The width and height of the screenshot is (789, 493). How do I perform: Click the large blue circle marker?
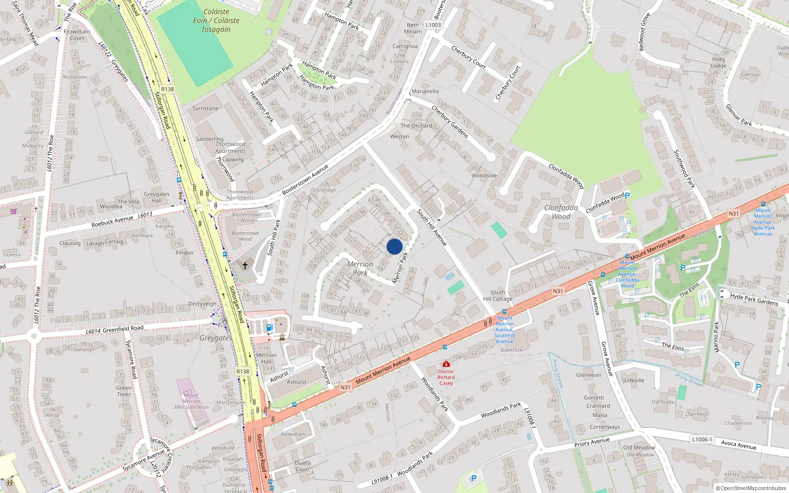coord(394,246)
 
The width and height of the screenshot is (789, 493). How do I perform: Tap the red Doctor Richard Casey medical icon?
coord(446,364)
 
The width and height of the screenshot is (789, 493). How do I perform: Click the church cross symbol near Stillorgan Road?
coord(245,266)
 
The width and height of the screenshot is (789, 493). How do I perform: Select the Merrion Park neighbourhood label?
coord(360,268)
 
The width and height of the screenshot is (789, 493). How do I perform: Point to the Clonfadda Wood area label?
coord(561,212)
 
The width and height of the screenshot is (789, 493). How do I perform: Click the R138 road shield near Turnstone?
coord(168,89)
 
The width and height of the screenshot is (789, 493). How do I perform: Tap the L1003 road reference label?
coord(433,25)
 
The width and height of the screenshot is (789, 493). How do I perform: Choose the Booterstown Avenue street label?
coord(305,179)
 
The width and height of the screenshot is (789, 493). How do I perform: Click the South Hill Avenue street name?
coord(431,227)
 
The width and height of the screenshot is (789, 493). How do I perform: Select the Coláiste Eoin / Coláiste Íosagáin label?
coord(216,20)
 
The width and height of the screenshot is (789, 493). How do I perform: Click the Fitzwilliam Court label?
coord(77,35)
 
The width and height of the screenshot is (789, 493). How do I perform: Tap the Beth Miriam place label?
coord(413,28)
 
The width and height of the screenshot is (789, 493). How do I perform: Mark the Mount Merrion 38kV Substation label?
coord(191,401)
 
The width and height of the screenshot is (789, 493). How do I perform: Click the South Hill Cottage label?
coord(498,295)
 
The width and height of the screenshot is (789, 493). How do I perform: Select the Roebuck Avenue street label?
coord(112,221)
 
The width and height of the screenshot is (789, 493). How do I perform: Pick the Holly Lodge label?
coord(718,62)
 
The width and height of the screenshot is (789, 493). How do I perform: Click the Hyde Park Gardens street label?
coord(754,299)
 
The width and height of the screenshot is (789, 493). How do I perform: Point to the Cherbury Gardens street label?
coord(450,121)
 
